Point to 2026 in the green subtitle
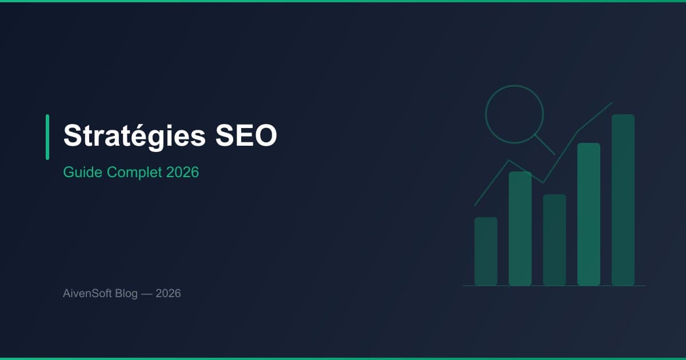183,172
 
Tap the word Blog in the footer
126,294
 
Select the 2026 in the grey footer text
168,294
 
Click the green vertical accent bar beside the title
47,137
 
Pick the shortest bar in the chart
486,251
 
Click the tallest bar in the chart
623,200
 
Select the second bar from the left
520,229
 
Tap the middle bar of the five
555,240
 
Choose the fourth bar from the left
589,214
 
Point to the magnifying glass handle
545,144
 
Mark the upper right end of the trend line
612,103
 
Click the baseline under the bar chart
555,286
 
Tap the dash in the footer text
146,294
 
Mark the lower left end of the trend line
475,205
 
